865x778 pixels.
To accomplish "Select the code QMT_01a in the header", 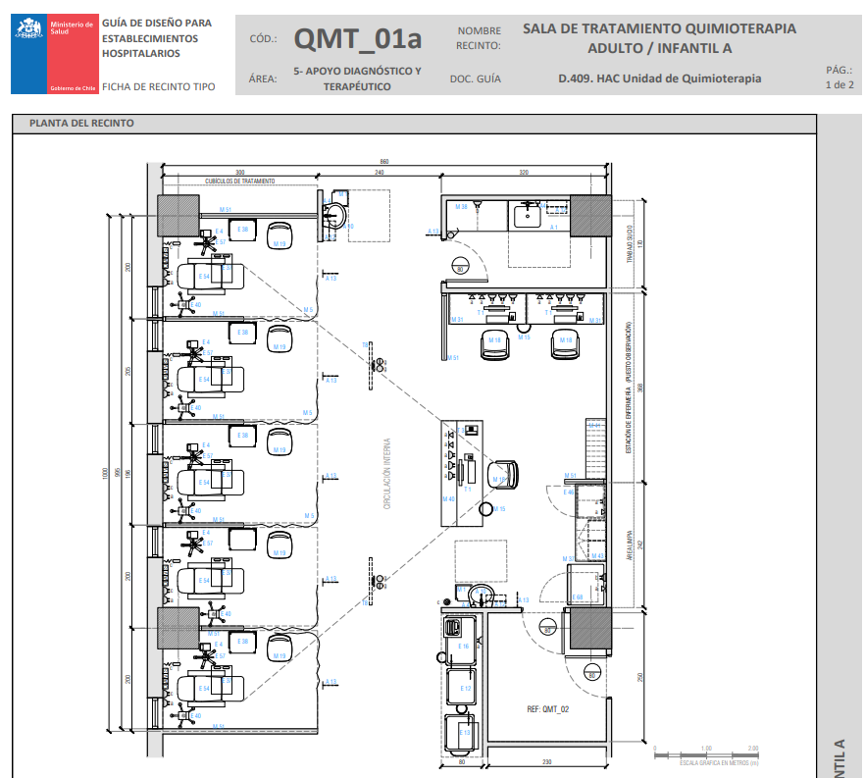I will (x=358, y=39).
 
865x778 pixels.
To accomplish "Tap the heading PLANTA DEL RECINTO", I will (x=82, y=124).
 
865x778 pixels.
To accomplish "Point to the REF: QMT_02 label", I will (x=547, y=707).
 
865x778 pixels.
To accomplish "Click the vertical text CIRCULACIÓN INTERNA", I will (x=387, y=474).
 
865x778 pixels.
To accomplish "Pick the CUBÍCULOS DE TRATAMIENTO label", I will (x=240, y=182).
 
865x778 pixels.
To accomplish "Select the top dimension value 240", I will (x=379, y=173).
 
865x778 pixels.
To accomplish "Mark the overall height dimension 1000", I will (x=107, y=474).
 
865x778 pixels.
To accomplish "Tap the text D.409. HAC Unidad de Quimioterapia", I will (x=659, y=78).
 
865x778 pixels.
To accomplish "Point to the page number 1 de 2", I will (x=840, y=78).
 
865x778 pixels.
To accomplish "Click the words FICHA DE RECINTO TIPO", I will (x=158, y=86).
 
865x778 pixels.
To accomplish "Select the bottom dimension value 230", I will (x=547, y=762).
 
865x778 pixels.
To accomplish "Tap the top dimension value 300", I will (x=239, y=173).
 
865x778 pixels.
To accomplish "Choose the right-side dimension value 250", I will (x=639, y=678).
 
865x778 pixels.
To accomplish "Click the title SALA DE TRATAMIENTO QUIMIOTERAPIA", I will (x=659, y=28).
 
